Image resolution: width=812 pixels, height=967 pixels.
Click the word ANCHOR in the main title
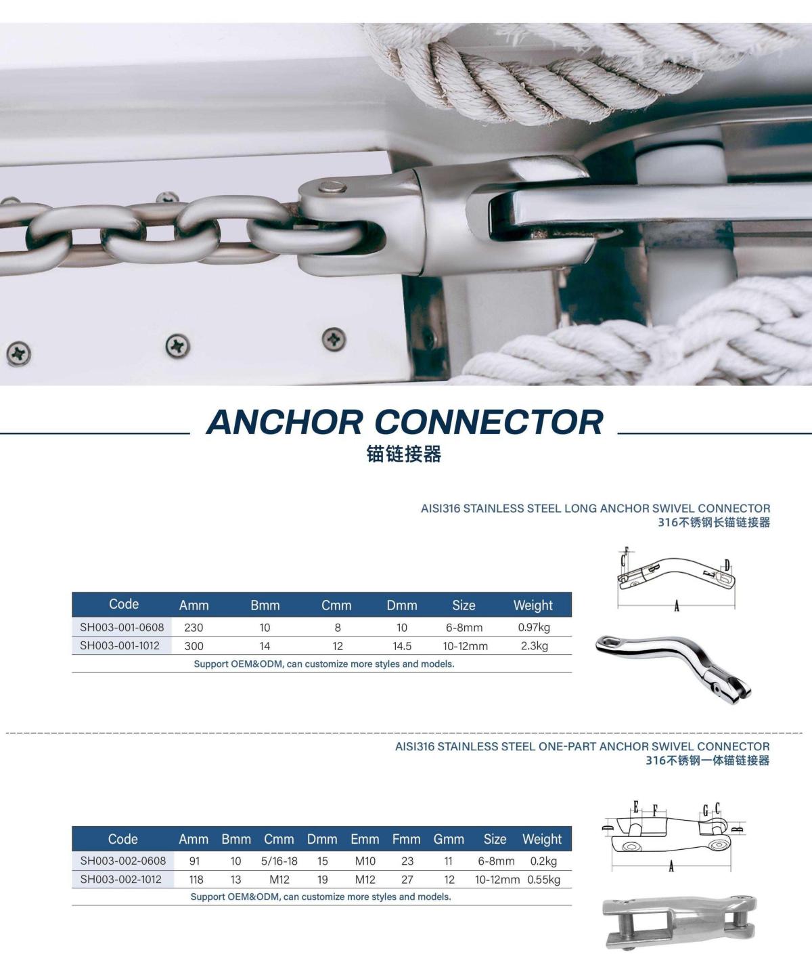(x=284, y=422)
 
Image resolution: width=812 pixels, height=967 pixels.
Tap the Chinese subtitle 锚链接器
(x=404, y=454)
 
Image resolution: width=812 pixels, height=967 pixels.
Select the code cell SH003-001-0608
(x=122, y=627)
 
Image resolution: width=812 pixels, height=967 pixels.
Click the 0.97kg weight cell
(x=534, y=628)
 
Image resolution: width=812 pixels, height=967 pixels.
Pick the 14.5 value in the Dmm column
(x=402, y=645)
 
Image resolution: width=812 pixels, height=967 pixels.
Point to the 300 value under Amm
(x=194, y=645)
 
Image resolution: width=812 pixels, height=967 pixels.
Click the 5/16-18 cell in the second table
(x=279, y=861)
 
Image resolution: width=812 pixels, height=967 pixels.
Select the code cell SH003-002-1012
(x=121, y=879)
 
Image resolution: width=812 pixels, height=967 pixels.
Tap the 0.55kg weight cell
(x=543, y=879)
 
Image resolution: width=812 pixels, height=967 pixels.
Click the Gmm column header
(x=449, y=839)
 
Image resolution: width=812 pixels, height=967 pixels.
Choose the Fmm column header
(x=407, y=839)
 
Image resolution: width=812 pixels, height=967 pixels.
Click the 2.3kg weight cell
(x=535, y=645)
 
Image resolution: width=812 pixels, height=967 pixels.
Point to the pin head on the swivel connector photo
(x=332, y=187)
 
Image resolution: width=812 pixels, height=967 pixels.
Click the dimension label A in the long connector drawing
(x=677, y=606)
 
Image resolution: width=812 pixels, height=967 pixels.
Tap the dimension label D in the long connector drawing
(x=727, y=565)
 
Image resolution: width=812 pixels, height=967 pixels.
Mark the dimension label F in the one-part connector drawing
(x=655, y=811)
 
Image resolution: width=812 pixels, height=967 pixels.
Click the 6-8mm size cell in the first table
(x=464, y=628)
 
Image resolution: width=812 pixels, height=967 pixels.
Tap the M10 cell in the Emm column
(x=365, y=861)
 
